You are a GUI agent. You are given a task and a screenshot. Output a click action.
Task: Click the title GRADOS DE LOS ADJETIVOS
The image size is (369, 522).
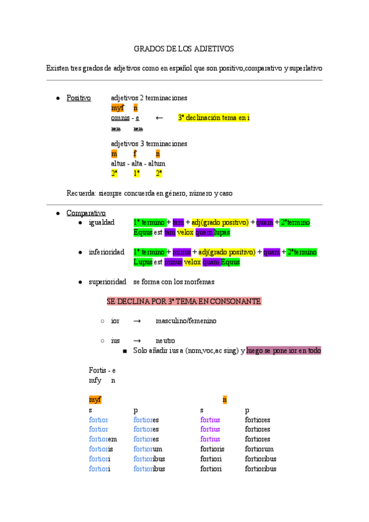tap(184, 48)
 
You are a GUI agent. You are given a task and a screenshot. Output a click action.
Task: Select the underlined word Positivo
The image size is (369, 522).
tap(79, 98)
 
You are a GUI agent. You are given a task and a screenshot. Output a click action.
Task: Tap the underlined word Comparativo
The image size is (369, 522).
tap(85, 212)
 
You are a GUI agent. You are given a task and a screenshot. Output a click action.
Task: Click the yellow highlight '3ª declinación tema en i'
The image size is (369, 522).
tap(214, 118)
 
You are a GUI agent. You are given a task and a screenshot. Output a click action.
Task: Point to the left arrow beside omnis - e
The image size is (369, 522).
tap(159, 118)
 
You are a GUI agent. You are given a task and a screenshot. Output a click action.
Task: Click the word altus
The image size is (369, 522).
tap(117, 164)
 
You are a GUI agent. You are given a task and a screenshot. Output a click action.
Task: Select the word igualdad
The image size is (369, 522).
tap(101, 222)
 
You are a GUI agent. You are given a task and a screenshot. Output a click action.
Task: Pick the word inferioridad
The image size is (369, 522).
tap(106, 252)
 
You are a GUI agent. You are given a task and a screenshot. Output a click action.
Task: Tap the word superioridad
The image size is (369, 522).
tap(107, 282)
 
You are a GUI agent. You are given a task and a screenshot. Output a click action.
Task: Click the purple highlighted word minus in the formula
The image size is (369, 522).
tap(181, 252)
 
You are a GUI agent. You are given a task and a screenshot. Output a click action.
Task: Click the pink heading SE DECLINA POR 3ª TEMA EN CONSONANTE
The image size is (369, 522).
tap(184, 302)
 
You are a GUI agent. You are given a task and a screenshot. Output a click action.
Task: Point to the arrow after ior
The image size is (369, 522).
tap(137, 321)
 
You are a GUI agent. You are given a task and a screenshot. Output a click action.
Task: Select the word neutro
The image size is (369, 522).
tap(165, 340)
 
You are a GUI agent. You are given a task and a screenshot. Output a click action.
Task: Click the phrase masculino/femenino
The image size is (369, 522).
tap(186, 321)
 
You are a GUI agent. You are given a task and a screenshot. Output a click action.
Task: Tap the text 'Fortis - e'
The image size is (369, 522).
tap(102, 371)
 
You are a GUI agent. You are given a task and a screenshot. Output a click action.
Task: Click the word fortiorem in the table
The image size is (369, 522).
tap(103, 440)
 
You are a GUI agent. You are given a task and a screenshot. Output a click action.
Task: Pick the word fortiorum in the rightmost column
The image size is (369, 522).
tap(260, 449)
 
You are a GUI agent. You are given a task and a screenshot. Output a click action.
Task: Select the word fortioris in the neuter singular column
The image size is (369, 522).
tap(213, 449)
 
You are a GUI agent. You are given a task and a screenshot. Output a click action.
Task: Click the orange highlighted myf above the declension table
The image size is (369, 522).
tap(95, 400)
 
